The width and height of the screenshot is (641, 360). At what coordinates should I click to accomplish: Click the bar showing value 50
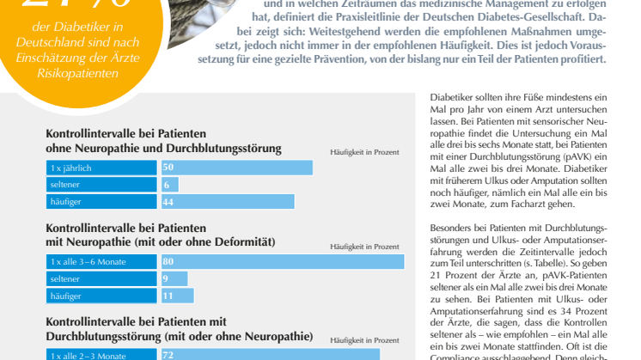point(236,168)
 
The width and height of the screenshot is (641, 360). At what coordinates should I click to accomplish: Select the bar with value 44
point(228,201)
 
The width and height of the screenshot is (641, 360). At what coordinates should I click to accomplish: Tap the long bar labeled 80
point(282,261)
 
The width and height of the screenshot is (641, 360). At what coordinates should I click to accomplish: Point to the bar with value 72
point(270,354)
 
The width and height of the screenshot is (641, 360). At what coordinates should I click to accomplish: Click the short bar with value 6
point(169,185)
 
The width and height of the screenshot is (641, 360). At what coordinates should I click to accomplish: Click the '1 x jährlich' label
point(71,168)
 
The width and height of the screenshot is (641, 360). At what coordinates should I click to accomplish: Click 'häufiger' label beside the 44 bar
point(65,201)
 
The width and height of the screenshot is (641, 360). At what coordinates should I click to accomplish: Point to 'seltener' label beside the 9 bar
point(65,278)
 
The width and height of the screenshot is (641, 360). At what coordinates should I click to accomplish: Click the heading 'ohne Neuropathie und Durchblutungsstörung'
point(163,149)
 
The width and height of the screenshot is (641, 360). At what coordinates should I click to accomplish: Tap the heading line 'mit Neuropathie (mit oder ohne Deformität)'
point(160,242)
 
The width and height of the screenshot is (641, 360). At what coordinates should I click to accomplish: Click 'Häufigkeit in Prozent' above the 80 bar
point(364,246)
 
